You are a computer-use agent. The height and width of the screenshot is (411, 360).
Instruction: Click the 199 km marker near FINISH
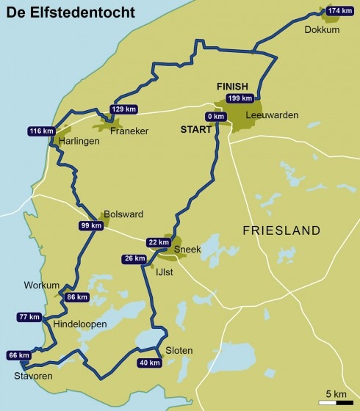[240, 98]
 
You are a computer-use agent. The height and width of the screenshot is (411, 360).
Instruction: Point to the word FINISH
[233, 86]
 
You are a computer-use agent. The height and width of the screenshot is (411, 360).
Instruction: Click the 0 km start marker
[215, 117]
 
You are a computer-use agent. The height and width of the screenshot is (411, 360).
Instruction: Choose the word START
[197, 131]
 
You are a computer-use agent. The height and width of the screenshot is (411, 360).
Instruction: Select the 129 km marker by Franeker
[124, 109]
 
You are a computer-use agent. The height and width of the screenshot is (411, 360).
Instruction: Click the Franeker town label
[129, 131]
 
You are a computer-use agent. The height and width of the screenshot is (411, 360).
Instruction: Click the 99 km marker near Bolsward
[90, 226]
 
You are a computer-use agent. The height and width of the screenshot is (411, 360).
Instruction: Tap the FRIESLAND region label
[281, 230]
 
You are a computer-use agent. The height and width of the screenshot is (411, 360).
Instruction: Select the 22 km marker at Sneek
[158, 243]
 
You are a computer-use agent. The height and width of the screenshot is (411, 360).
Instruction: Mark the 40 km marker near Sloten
[149, 363]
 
